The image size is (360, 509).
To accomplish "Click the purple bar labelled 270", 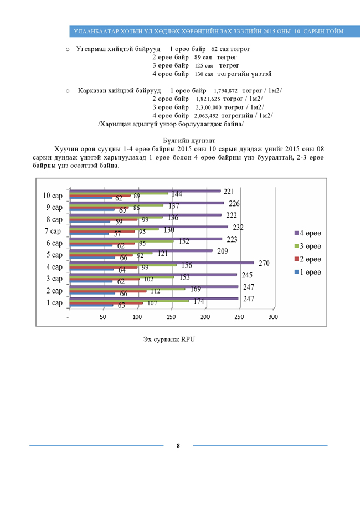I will coord(161,263).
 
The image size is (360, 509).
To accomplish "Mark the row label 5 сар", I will coord(54,255).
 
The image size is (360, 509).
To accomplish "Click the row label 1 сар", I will coord(54,302).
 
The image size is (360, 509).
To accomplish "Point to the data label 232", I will coord(239,227).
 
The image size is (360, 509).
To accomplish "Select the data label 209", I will coord(221,251).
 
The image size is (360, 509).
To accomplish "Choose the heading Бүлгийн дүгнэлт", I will coord(189,141).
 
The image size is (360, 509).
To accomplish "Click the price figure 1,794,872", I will coord(225,90).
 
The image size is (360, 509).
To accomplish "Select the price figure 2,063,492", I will coord(206,115).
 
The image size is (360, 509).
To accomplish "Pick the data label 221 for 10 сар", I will coord(229,192).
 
